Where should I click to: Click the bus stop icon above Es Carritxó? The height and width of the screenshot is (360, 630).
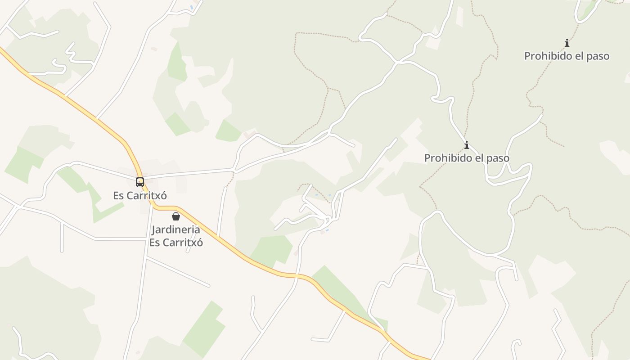click(140, 182)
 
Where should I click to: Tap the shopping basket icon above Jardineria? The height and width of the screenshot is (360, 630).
click(176, 216)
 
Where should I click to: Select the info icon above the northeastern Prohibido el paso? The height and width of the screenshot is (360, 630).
click(567, 43)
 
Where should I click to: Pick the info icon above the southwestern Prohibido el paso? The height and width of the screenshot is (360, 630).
click(467, 145)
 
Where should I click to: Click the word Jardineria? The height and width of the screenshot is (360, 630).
click(176, 229)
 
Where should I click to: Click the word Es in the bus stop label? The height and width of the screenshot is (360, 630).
click(118, 196)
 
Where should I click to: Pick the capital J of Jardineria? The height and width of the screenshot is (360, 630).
click(154, 230)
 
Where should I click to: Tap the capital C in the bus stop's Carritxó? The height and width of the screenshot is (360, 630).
click(130, 196)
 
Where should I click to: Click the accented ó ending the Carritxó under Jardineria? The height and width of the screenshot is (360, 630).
click(200, 243)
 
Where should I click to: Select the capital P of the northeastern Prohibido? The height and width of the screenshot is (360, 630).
click(527, 56)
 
